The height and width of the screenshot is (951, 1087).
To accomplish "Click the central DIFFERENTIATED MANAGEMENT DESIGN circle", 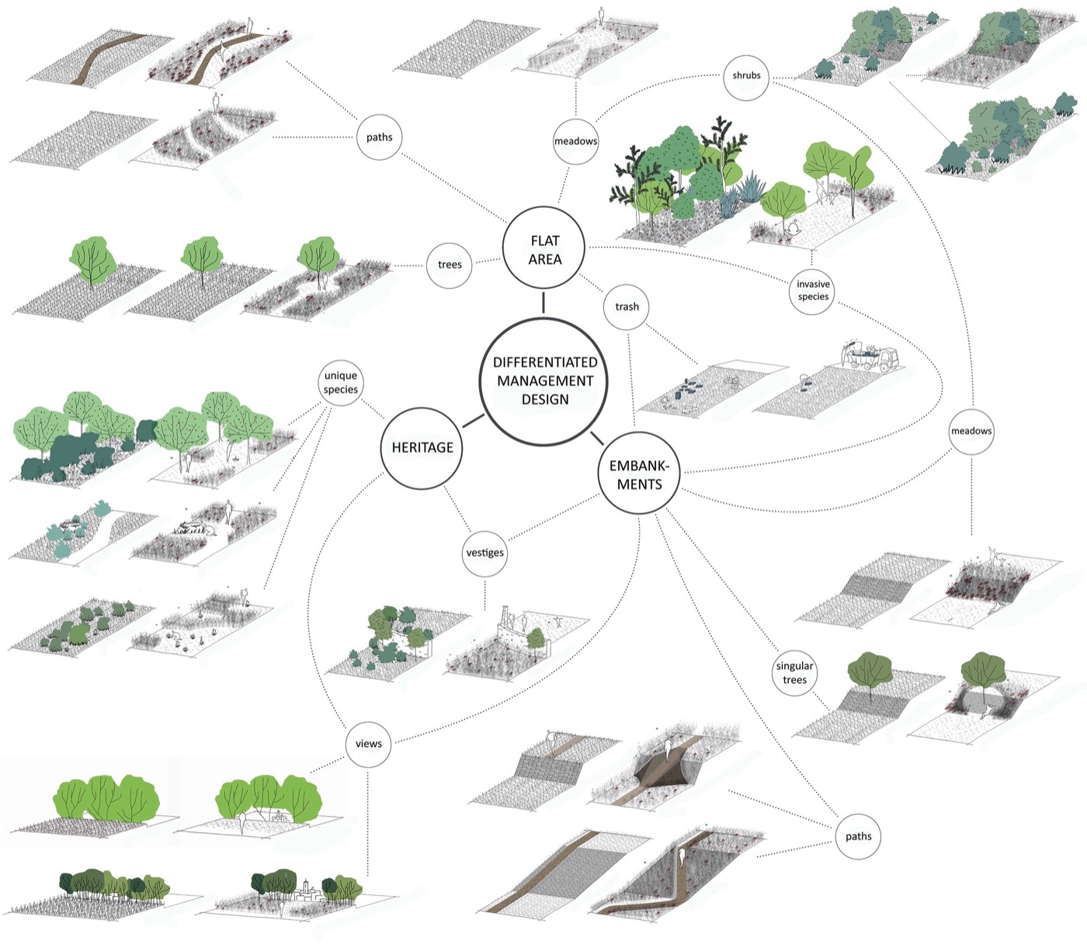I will pos(544,381).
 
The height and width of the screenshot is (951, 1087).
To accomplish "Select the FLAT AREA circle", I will pos(544,250).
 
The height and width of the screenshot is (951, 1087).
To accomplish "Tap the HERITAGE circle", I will pos(422,448).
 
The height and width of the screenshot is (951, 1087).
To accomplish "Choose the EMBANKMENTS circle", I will pos(640,474).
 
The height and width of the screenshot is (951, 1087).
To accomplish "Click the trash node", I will pos(627,307).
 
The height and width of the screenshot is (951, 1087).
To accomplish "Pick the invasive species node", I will pos(813,290).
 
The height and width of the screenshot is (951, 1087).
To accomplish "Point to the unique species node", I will pos(341,383).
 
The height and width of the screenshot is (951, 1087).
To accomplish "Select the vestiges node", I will pos(484,553).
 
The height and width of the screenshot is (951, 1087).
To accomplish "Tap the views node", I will pos(368,744).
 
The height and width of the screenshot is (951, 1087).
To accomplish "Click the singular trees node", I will pos(794,673).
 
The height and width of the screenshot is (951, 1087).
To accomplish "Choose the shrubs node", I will pos(746,76).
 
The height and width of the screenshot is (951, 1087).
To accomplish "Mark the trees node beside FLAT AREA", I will pos(450,265).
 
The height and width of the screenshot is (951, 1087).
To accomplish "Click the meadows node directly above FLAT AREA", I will pos(575,141).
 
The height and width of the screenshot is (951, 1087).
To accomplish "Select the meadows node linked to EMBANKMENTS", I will pos(971,431).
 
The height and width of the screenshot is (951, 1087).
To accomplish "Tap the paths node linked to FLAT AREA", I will pos(379,137).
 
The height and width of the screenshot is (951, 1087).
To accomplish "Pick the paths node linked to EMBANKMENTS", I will pos(858,836).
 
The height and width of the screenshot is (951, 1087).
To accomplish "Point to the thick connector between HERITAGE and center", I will pos(473,421).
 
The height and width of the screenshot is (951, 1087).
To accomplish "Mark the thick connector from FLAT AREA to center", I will pos(543,302).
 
